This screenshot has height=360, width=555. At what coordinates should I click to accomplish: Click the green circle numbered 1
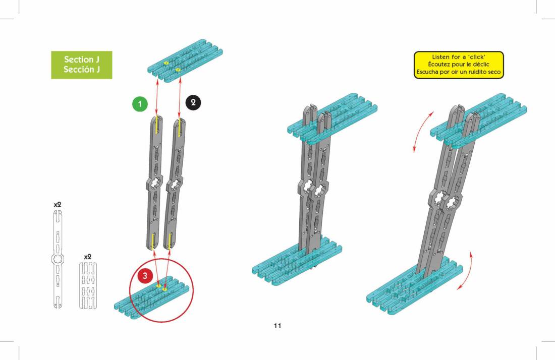point(140,104)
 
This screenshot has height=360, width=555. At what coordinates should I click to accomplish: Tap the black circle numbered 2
point(193,102)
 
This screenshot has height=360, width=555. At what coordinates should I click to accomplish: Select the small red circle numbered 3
point(145,276)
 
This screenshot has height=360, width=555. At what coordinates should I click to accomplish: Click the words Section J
point(81,59)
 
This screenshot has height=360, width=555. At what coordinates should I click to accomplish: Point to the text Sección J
point(81,70)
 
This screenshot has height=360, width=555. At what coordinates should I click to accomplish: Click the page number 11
point(277,326)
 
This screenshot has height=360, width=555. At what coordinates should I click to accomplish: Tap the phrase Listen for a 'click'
point(459,57)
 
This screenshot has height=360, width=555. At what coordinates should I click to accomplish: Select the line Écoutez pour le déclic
point(459,65)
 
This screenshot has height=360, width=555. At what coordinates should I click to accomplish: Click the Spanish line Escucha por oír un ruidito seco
point(459,72)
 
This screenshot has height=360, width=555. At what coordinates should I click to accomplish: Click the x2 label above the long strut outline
point(58,205)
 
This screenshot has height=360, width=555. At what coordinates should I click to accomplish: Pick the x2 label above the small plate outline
point(88,257)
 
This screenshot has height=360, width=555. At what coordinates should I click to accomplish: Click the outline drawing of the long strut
point(58,259)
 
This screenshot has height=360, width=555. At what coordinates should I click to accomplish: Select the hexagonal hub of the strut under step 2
point(175,184)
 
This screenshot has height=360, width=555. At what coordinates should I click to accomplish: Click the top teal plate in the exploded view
point(185,62)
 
